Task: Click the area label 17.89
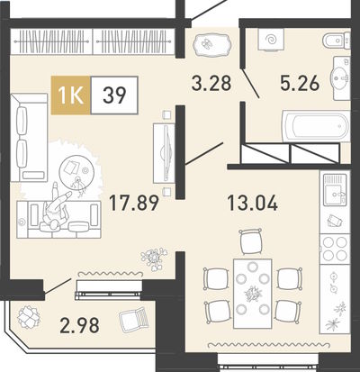point(133,203)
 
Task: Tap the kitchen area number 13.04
point(253,203)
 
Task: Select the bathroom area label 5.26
point(299,83)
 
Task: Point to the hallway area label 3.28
point(211,83)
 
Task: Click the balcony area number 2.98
point(79,326)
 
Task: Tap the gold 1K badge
point(71,95)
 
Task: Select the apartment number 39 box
point(114,95)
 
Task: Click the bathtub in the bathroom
point(316,126)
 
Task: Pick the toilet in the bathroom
point(337,41)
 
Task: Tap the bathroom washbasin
point(340,78)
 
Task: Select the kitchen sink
point(335,190)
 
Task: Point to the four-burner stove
point(335,249)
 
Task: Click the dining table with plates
point(253,294)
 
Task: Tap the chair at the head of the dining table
point(250,241)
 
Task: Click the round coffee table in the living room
point(76,173)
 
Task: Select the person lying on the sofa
point(56,207)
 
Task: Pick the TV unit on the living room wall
point(164,153)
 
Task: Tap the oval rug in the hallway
point(212,44)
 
